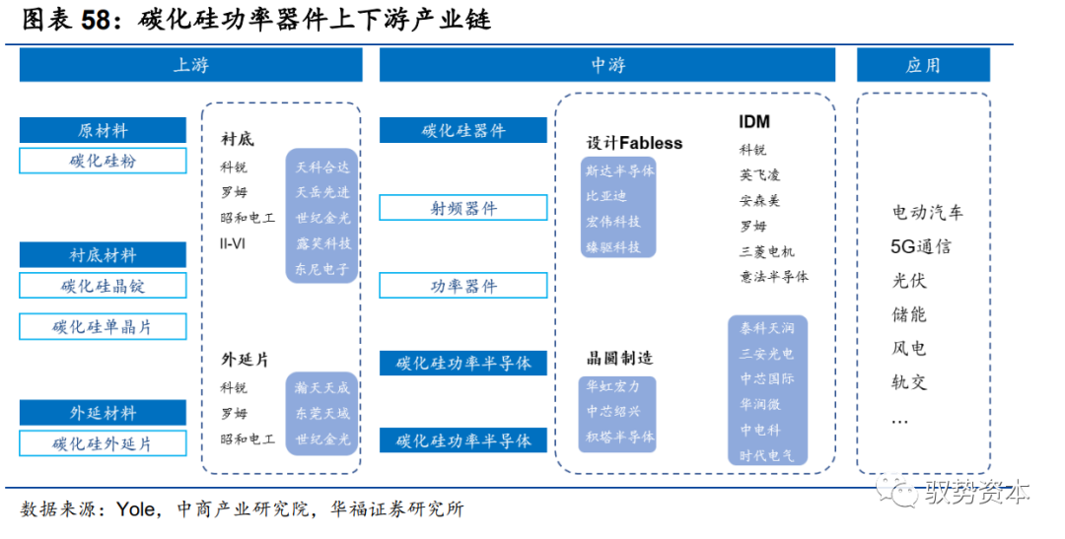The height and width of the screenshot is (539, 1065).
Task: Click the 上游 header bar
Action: pos(190,65)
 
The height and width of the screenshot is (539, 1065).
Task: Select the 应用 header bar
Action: pos(923,65)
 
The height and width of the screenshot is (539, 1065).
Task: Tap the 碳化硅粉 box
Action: pos(103,161)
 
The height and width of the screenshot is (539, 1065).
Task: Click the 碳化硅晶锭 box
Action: pos(103,286)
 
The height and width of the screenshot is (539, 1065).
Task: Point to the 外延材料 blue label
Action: pos(103,413)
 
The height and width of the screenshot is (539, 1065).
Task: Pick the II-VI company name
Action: pos(233,242)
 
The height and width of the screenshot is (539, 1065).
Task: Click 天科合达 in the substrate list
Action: pos(322,167)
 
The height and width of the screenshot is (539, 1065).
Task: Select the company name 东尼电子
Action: pos(322,268)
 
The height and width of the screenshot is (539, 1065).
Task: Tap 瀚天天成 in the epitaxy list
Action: pos(322,388)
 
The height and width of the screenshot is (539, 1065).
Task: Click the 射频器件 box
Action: pos(463,208)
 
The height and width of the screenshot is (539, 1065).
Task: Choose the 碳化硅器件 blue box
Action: pos(463,130)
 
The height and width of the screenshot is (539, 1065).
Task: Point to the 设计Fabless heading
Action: pos(634,143)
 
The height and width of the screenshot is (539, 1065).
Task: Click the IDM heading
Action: pos(754,122)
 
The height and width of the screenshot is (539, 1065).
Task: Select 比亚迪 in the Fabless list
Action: pos(605,196)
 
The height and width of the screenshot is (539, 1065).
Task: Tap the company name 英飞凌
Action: pos(759,175)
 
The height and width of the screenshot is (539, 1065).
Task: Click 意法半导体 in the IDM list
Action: pos(773,277)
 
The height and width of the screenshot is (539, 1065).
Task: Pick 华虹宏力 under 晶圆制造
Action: pos(612,386)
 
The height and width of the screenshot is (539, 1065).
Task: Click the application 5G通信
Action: pos(921,246)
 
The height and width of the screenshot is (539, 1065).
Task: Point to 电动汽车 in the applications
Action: pos(927,212)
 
